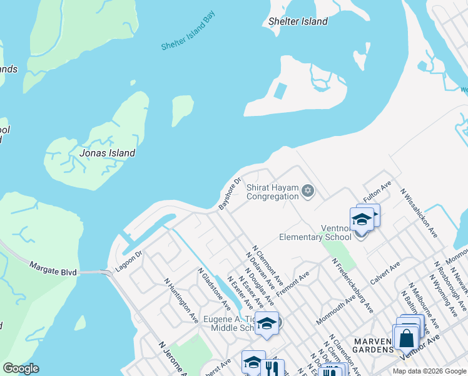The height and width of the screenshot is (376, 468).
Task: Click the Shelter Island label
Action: [298, 21]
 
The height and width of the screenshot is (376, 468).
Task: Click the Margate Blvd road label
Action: [53, 268]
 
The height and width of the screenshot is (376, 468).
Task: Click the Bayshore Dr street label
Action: [230, 194]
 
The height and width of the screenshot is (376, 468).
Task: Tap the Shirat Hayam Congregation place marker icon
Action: [307, 191]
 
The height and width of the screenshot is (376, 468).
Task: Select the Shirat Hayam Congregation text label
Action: [272, 192]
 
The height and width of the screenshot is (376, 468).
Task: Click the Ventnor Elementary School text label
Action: [315, 232]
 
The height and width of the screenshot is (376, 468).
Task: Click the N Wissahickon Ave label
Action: [419, 213]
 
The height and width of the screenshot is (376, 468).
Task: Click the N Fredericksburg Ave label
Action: [352, 285]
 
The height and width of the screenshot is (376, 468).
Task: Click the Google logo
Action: [21, 368]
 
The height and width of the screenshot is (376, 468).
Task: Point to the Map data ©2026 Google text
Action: [429, 371]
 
